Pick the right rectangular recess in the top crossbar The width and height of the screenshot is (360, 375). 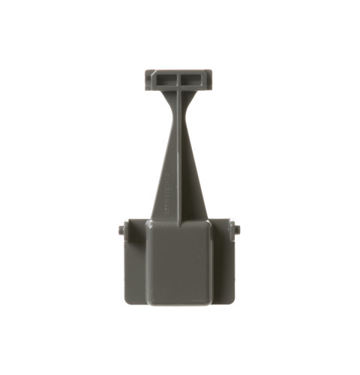click(x=193, y=78)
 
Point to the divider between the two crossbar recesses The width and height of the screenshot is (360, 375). click(x=180, y=78)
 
